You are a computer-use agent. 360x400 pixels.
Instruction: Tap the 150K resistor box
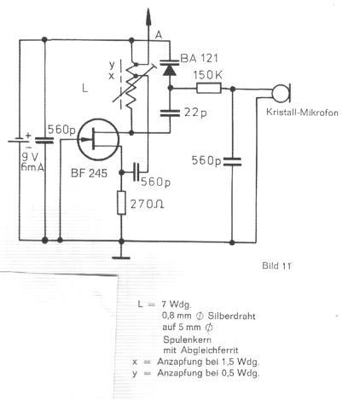click(x=209, y=88)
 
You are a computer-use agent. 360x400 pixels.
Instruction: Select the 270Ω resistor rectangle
click(x=121, y=203)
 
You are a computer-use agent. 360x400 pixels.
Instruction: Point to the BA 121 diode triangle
click(x=170, y=71)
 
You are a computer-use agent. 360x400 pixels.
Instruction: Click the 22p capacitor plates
click(x=170, y=113)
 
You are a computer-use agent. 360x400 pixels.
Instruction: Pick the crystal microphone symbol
click(x=281, y=93)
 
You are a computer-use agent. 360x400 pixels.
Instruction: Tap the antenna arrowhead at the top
click(x=148, y=16)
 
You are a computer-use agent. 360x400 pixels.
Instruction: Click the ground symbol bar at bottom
click(x=121, y=258)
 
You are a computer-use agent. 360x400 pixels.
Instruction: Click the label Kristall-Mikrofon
click(x=302, y=113)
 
